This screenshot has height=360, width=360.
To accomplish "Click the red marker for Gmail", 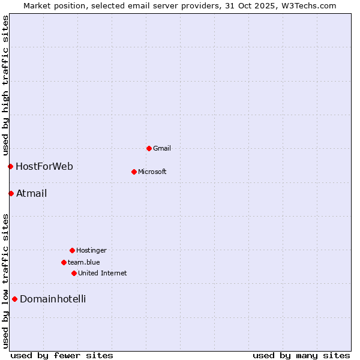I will coord(149,148).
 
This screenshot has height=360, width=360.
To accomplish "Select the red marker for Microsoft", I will coord(134,172).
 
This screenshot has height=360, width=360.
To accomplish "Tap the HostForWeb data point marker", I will coord(10,166).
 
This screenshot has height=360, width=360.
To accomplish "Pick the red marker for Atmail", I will coord(11,193).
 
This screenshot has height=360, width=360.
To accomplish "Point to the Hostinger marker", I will coord(72,250).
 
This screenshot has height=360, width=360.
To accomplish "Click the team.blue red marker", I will coord(64,262).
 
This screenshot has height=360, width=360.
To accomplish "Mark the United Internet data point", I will coord(74,273).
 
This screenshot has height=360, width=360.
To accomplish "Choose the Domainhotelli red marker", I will coord(14,299).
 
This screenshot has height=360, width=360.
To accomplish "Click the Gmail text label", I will coord(162,148).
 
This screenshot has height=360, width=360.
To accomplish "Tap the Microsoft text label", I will coord(152,172).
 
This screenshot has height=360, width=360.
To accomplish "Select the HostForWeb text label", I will coord(44,166).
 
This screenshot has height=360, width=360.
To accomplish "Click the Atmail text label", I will coord(32,193).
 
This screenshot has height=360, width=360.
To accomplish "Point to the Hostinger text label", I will coord(91,250).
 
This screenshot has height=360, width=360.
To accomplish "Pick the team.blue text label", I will coord(84,262).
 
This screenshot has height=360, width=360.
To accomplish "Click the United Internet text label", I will coord(103,273).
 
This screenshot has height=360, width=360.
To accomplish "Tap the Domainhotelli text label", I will coord(53,299).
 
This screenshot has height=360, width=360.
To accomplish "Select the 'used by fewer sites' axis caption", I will coord(62,355).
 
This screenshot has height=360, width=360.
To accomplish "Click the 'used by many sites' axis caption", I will coord(301,355).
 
